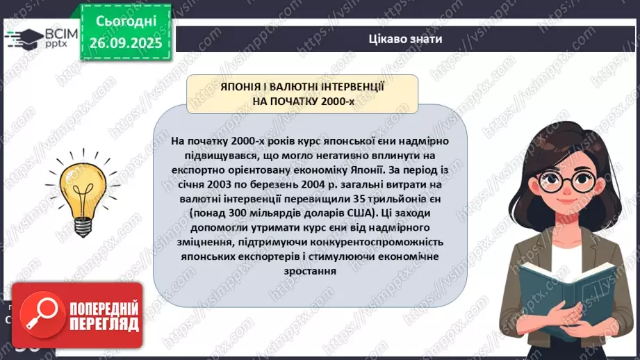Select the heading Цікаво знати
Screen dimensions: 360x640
point(405,39)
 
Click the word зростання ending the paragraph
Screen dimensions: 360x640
point(309,272)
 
